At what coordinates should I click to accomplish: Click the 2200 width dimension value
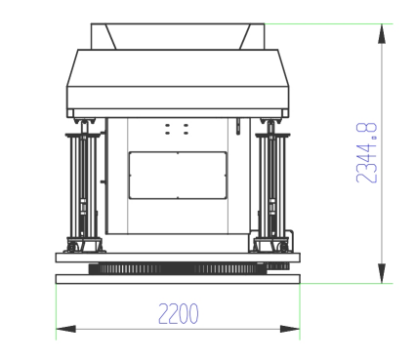pos(179,313)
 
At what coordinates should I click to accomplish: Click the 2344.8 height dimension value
pos(367,152)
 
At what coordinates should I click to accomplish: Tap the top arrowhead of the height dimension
pos(382,34)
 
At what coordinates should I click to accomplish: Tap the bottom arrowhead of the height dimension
pos(382,273)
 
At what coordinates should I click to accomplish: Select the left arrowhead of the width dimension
pos(65,329)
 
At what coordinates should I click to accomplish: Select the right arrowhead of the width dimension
pos(290,329)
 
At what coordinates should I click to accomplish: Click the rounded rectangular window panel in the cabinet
pos(178,175)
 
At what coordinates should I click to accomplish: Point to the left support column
pos(84,185)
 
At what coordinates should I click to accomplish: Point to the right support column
pos(271,185)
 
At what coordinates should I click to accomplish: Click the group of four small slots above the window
pos(177,129)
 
